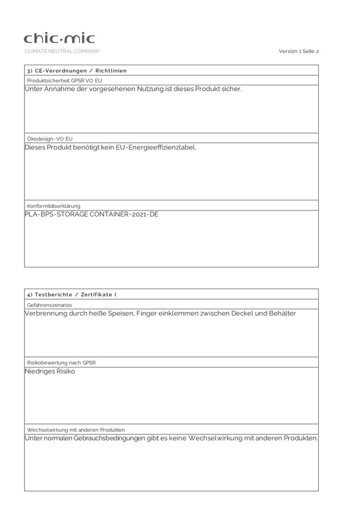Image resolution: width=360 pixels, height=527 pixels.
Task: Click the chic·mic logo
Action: (59, 38)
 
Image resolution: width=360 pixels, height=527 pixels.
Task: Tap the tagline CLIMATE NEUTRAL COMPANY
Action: (62, 51)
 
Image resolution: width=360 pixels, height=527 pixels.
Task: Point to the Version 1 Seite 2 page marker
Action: (299, 51)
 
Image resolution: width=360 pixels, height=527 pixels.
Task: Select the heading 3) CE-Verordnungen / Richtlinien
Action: (77, 71)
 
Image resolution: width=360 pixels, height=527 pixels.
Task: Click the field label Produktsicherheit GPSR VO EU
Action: (64, 80)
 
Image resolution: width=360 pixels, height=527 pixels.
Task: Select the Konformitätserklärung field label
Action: (54, 206)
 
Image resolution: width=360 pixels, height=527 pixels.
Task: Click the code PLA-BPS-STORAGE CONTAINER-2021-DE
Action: (91, 214)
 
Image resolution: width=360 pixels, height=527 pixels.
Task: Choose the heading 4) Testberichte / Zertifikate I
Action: (72, 294)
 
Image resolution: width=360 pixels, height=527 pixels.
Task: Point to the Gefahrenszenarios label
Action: (49, 305)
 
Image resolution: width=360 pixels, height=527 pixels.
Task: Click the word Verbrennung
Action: (45, 313)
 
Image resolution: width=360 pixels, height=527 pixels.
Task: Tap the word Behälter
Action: (282, 313)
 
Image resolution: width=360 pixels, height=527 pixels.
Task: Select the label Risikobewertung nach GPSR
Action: (61, 362)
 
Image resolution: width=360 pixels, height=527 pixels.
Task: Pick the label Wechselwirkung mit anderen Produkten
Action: (76, 429)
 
